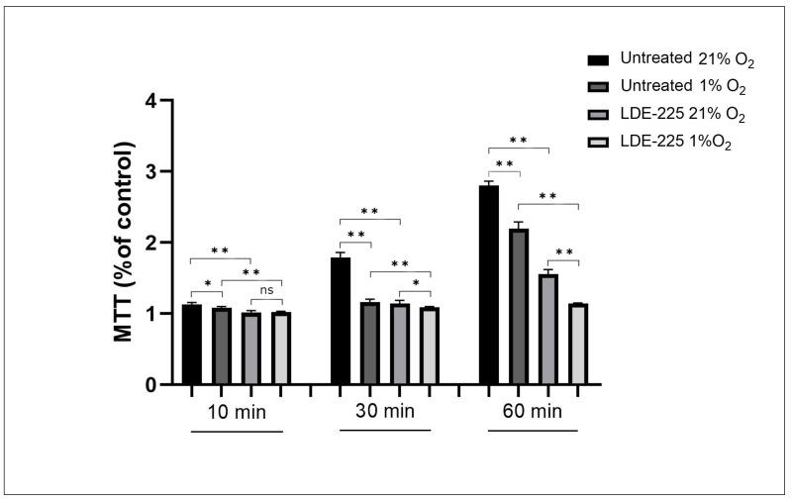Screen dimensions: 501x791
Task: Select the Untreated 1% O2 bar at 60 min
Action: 519,306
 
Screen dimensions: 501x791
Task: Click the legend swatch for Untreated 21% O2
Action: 597,60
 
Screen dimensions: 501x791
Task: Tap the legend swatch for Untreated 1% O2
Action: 597,87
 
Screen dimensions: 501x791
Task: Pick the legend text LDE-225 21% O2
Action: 683,115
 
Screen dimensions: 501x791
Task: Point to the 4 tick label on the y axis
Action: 150,101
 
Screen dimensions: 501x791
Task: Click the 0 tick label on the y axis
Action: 150,384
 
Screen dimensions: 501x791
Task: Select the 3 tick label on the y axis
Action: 150,172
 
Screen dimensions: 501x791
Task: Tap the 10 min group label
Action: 237,410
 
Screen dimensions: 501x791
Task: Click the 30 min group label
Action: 385,410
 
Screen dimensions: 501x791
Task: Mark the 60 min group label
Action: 534,410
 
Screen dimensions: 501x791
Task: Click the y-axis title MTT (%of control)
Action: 125,243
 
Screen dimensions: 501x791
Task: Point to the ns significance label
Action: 266,290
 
